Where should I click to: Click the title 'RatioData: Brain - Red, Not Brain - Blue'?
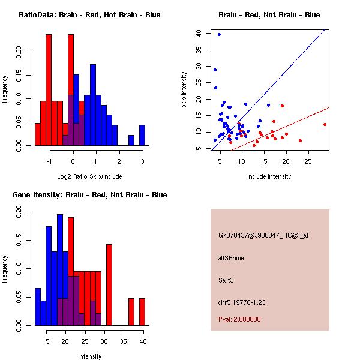pyautogui.click(x=89, y=15)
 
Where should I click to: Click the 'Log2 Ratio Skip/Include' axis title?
pyautogui.click(x=89, y=176)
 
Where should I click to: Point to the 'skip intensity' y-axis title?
pyautogui.click(x=185, y=90)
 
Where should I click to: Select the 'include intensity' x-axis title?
pyautogui.click(x=269, y=176)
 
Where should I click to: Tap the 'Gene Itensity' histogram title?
pyautogui.click(x=89, y=195)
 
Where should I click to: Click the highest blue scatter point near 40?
pyautogui.click(x=220, y=34)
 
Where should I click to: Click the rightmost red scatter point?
pyautogui.click(x=325, y=124)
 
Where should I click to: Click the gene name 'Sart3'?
pyautogui.click(x=227, y=280)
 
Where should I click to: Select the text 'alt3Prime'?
pyautogui.click(x=231, y=258)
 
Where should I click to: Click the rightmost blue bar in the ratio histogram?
pyautogui.click(x=142, y=134)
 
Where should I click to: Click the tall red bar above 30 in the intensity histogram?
pyautogui.click(x=109, y=285)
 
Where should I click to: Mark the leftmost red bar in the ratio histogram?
pyautogui.click(x=38, y=134)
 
